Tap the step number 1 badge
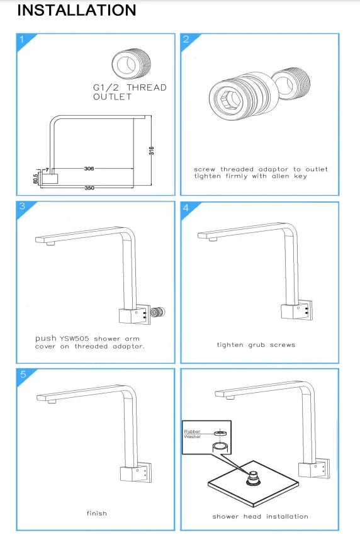pyautogui.click(x=22, y=40)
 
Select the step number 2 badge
pyautogui.click(x=186, y=40)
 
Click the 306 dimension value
pyautogui.click(x=89, y=169)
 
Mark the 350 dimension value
pyautogui.click(x=89, y=188)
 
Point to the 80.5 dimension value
pyautogui.click(x=36, y=179)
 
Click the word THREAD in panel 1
pyautogui.click(x=148, y=87)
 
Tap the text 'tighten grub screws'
pyautogui.click(x=256, y=344)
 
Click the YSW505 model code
pyautogui.click(x=74, y=339)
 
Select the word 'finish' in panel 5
pyautogui.click(x=96, y=513)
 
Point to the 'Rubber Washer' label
pyautogui.click(x=193, y=434)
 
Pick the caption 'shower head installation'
pyautogui.click(x=260, y=516)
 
